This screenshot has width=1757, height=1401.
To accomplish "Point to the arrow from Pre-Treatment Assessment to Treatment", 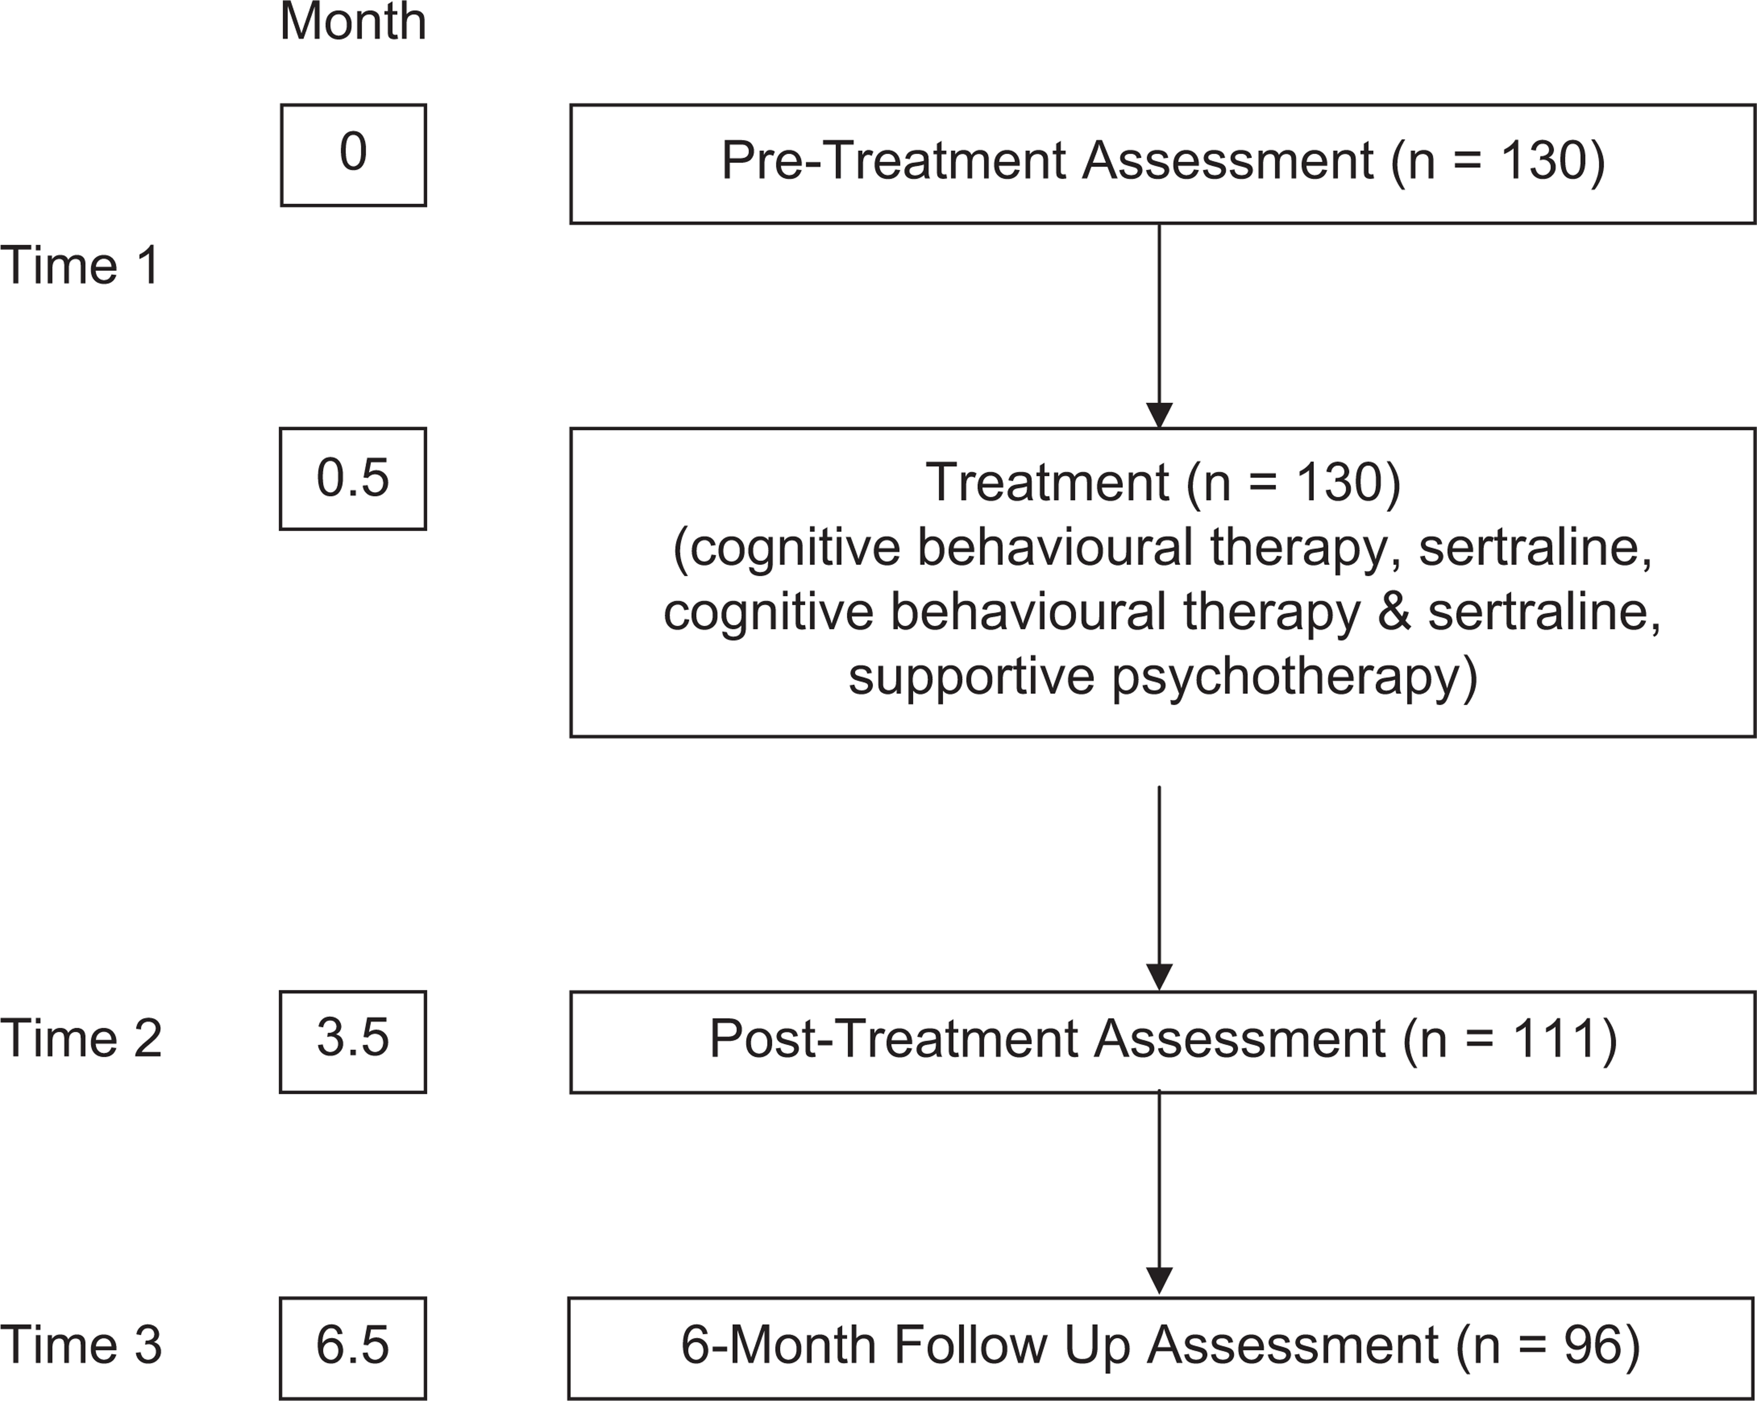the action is click(1159, 326).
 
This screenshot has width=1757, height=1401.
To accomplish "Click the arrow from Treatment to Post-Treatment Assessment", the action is click(1159, 888).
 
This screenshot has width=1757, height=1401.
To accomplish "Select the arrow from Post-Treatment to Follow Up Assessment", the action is click(1159, 1193).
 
